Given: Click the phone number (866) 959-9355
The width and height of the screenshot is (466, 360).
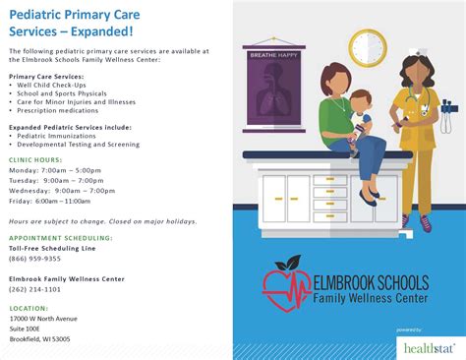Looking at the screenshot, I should (34, 258).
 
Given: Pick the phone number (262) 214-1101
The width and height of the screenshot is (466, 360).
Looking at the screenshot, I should (34, 290).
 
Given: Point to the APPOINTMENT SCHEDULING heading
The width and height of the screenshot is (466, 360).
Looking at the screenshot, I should (60, 237).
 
